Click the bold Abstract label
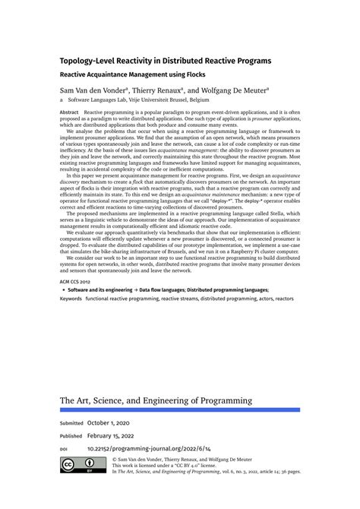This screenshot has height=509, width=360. tap(69, 112)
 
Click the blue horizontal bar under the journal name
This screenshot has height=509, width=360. tap(179, 410)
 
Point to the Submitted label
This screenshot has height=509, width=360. tap(71, 422)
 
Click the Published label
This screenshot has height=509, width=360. tap(71, 436)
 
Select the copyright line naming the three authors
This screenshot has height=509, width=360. tap(172, 460)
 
